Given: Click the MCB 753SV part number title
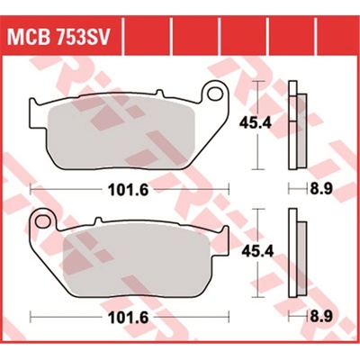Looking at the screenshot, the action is [58, 38].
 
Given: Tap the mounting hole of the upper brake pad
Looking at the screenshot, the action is [214, 93].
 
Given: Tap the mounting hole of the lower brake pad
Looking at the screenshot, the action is [42, 220].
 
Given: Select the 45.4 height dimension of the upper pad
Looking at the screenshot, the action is [255, 122].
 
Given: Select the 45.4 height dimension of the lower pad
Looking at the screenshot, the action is [257, 251].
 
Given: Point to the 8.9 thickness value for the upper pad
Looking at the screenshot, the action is [320, 189].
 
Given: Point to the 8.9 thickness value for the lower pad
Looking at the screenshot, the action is [320, 318].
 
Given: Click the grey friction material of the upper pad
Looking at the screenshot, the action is [120, 135].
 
